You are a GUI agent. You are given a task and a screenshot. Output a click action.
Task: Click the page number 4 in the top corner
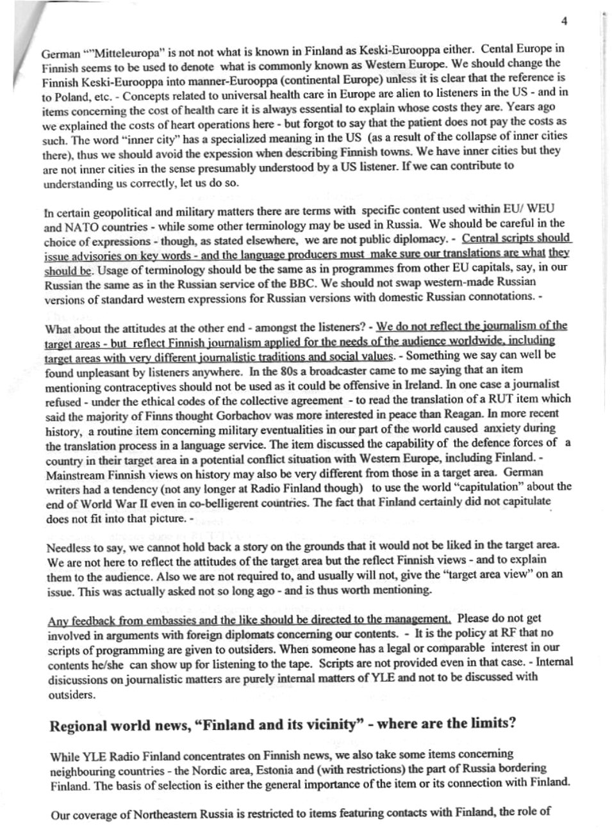(564, 20)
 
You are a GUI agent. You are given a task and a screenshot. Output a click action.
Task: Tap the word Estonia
(311, 768)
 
